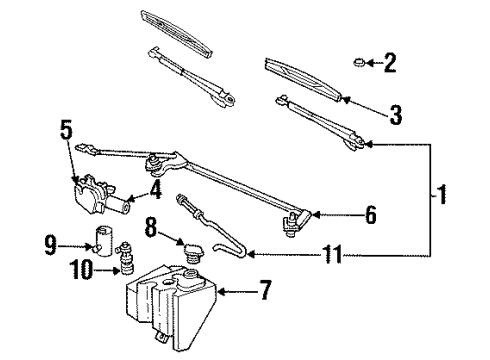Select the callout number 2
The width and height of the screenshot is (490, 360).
click(x=390, y=66)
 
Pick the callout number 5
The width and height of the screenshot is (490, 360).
click(x=67, y=129)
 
